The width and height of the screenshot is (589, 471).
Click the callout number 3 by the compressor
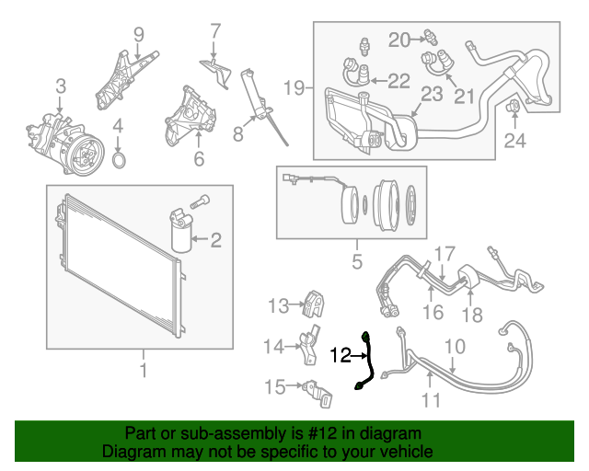point(60,86)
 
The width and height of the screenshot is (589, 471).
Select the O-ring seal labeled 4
point(119,161)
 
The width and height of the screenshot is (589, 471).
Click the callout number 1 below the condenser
point(143,370)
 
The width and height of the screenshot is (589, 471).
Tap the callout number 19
point(294,88)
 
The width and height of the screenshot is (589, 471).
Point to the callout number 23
point(432,94)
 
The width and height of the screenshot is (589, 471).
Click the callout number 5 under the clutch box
point(357,263)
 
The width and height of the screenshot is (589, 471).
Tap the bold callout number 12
point(341,353)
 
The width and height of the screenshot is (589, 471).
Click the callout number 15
point(276,387)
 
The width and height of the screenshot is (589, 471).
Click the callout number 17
point(445,252)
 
